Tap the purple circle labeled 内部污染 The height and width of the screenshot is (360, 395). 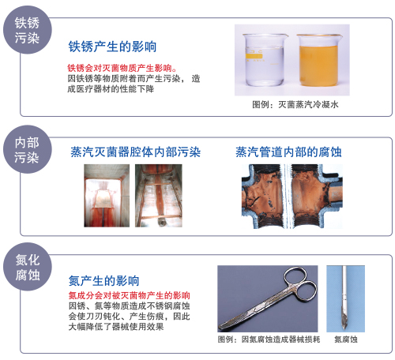click(x=28, y=149)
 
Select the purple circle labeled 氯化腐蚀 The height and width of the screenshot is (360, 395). click(x=28, y=268)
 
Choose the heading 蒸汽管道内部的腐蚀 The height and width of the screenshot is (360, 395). click(x=288, y=149)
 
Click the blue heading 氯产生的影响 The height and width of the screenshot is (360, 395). click(x=104, y=279)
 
